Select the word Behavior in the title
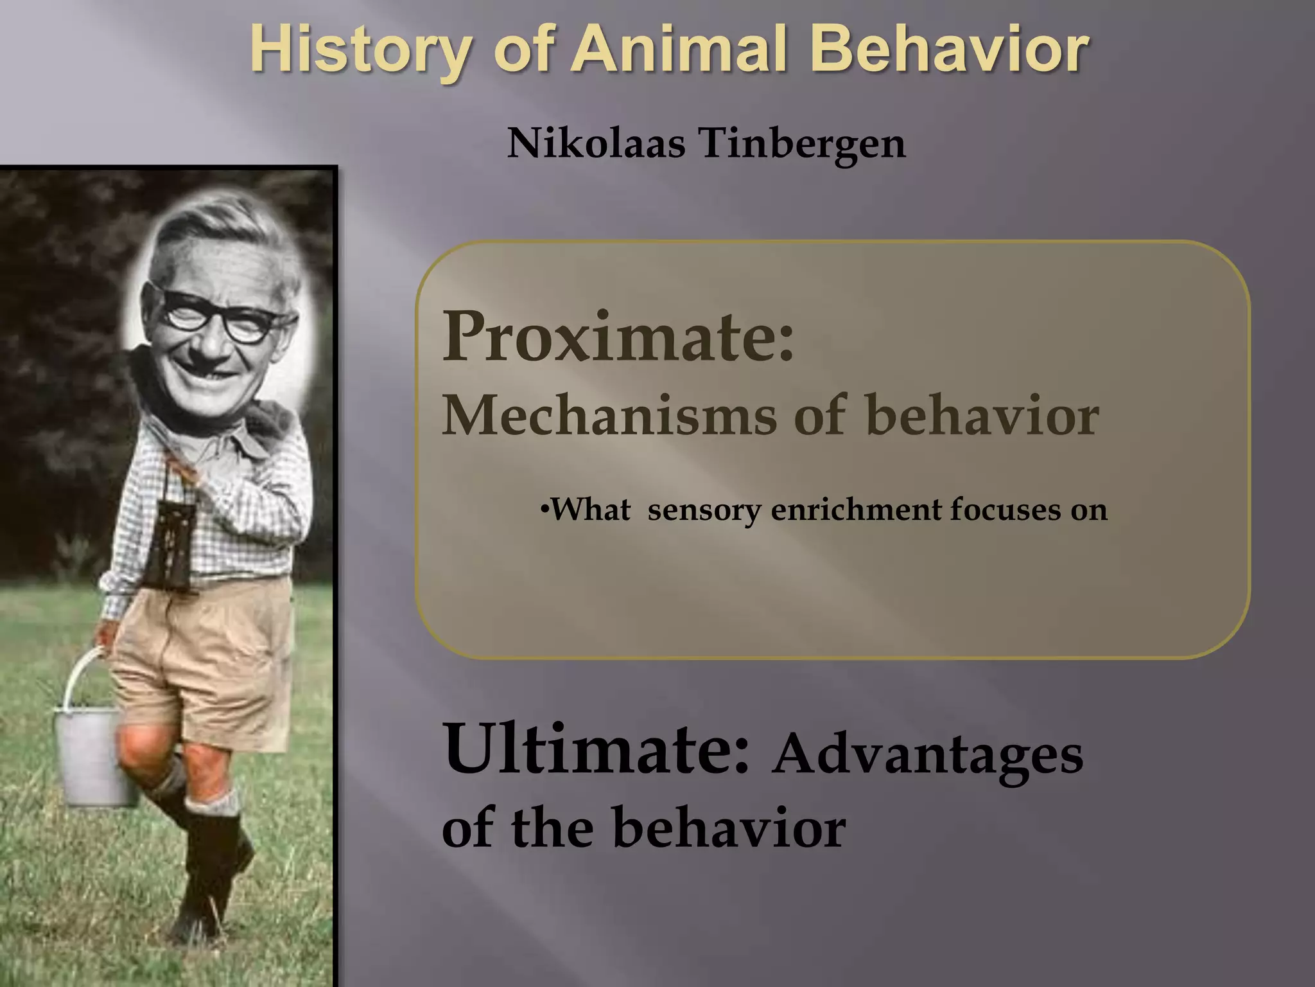949,50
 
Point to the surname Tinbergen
803,143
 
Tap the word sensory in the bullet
704,510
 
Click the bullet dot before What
544,511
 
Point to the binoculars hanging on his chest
170,546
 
